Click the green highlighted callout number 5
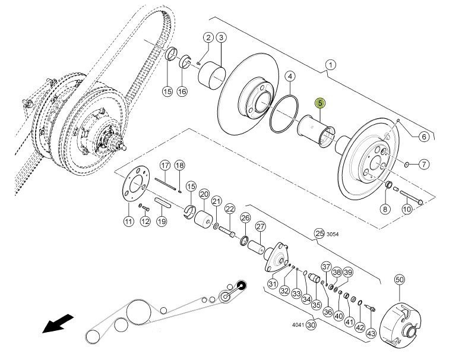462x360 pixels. coord(320,103)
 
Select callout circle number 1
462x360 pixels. coord(331,65)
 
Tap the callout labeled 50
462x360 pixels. coord(400,280)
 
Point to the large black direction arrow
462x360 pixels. coord(58,323)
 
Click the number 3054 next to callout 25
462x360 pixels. coord(333,235)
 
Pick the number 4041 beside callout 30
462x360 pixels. coord(298,325)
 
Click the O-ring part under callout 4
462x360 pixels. coord(284,113)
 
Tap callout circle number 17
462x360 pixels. coord(165,165)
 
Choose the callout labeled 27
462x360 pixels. coord(261,227)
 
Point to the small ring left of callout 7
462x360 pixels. coord(407,164)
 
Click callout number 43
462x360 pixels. coord(371,333)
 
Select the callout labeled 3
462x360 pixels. coord(221,37)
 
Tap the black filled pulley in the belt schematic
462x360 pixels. coord(241,285)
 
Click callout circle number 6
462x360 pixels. coord(424,137)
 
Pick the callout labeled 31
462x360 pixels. coord(273,283)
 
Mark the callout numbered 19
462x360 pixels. coord(162,221)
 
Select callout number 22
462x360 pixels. coord(230,209)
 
